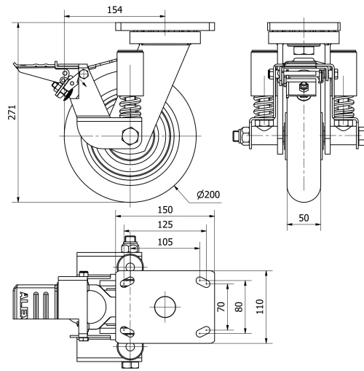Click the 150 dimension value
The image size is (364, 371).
(x=165, y=210)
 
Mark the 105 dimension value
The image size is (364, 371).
(x=165, y=241)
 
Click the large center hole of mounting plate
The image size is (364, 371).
(x=165, y=306)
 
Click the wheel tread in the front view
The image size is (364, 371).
(x=302, y=182)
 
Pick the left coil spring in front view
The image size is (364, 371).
(x=264, y=109)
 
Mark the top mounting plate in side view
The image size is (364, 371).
(x=165, y=34)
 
